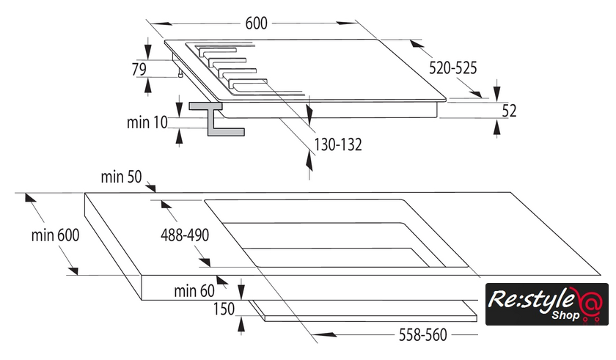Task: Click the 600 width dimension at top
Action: [x=256, y=23]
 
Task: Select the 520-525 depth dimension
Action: [x=453, y=68]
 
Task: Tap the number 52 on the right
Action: [x=510, y=111]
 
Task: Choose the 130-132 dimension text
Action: [x=338, y=144]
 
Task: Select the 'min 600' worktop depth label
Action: [x=55, y=235]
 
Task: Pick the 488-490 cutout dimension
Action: [x=185, y=235]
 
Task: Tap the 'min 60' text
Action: [x=194, y=291]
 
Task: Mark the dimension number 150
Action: [x=224, y=309]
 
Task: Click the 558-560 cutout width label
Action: [x=422, y=335]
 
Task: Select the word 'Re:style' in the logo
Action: [x=533, y=301]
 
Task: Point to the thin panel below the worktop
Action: [x=367, y=311]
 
